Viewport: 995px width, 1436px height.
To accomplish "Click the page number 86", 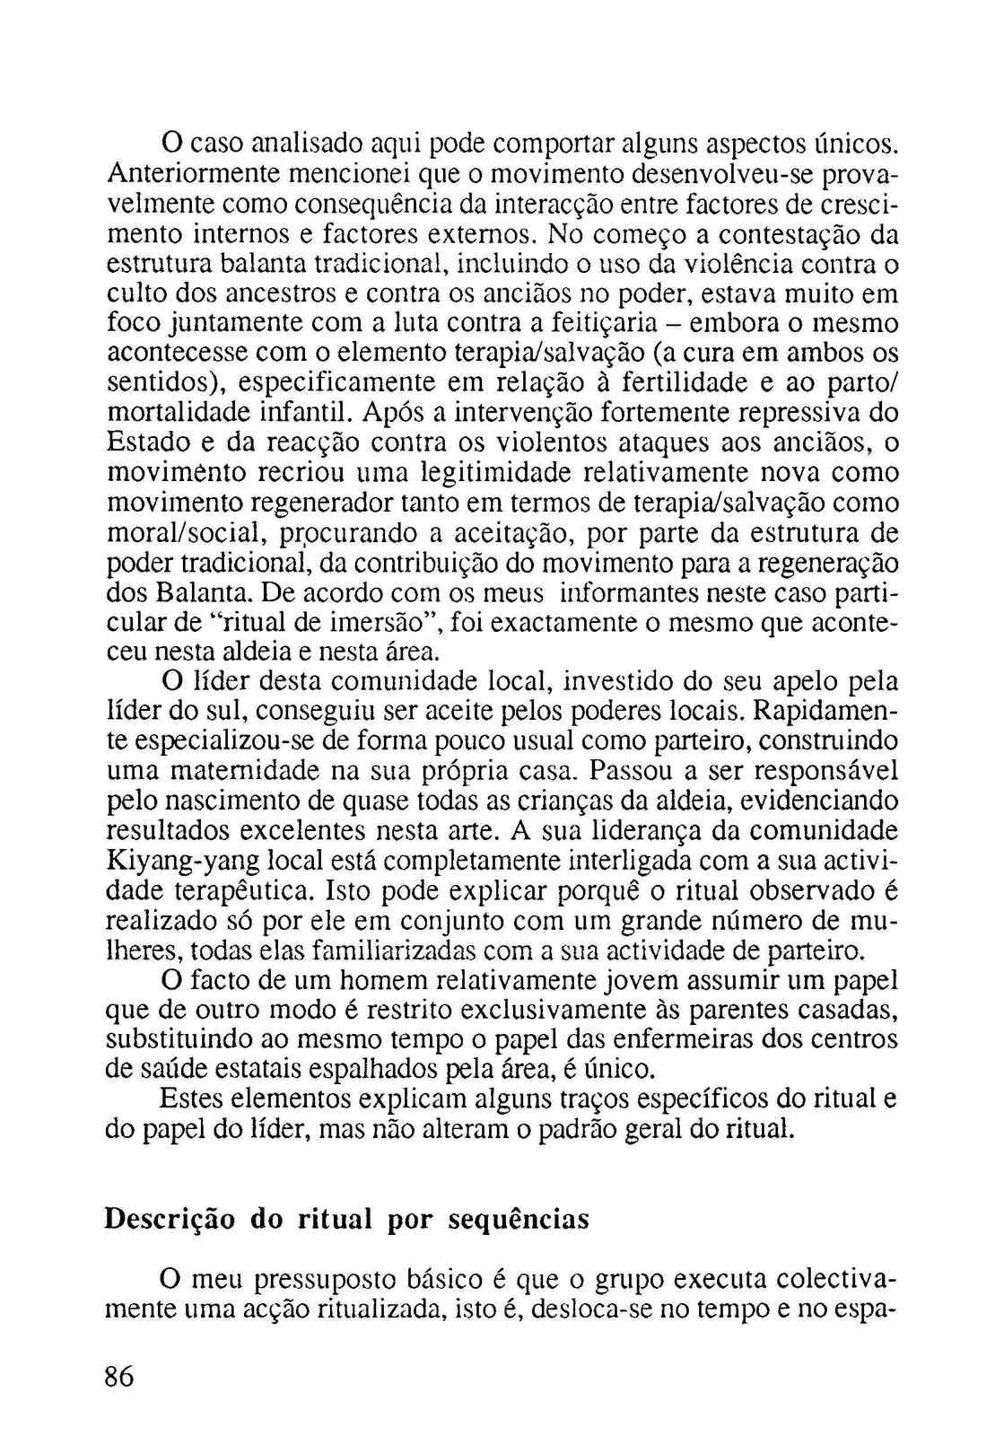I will [119, 1377].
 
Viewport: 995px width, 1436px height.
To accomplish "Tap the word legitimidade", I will [499, 472].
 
